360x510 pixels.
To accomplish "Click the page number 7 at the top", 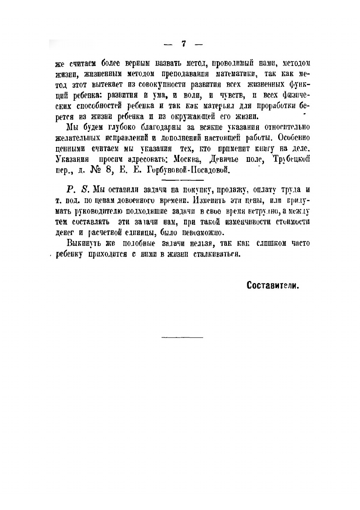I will [x=183, y=44].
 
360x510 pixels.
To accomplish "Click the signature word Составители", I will [x=273, y=285].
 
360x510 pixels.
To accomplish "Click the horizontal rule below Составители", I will [x=182, y=338].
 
